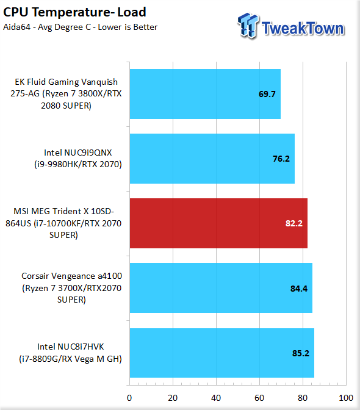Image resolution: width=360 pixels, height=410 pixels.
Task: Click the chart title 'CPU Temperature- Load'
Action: click(74, 12)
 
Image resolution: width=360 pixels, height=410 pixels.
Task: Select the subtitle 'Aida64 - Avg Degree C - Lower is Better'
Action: click(81, 27)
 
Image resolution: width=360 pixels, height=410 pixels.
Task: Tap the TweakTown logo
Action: click(291, 26)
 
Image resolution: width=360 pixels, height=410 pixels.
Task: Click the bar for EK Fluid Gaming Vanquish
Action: click(205, 94)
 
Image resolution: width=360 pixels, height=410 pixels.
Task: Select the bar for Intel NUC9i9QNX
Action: click(212, 159)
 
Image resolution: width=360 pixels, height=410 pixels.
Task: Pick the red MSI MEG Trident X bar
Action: click(218, 223)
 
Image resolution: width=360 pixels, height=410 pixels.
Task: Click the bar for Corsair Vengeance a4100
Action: click(221, 288)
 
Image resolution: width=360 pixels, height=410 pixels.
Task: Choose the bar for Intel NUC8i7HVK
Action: click(222, 353)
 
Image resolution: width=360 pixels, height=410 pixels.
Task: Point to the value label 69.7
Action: click(267, 94)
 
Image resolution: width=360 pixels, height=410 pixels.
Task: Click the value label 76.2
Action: click(281, 159)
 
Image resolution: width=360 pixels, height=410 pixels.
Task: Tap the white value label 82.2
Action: click(294, 223)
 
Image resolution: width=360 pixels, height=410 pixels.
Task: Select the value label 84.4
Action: click(299, 289)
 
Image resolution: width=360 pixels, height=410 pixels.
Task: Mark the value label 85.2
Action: click(301, 353)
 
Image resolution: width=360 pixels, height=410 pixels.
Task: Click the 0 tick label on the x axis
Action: click(129, 398)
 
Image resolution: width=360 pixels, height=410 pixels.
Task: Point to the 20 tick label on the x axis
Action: click(173, 398)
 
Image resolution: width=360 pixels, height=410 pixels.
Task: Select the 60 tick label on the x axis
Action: click(259, 398)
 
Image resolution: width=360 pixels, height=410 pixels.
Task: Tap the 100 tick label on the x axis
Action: click(346, 398)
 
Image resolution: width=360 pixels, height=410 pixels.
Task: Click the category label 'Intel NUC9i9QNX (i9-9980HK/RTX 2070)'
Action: click(78, 159)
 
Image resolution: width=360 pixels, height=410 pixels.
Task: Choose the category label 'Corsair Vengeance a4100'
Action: click(71, 276)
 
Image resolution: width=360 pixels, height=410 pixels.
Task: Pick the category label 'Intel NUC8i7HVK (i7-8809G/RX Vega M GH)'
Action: click(70, 353)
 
